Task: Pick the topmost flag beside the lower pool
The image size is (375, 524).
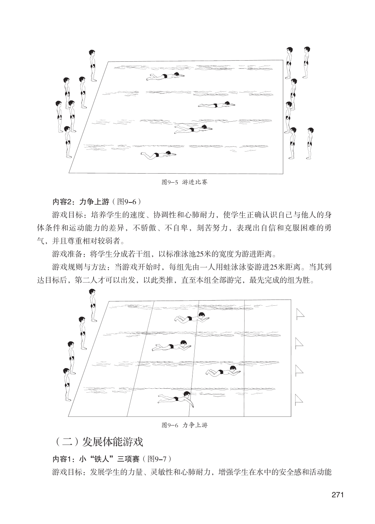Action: [x=299, y=314]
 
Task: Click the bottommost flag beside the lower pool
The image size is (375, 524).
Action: [x=298, y=399]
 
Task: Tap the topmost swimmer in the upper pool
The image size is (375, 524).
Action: [x=165, y=77]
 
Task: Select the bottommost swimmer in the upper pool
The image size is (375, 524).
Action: [x=158, y=155]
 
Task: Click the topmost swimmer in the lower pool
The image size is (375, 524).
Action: [x=191, y=318]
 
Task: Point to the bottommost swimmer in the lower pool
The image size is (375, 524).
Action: [x=176, y=399]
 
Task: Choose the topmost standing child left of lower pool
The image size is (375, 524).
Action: [x=94, y=305]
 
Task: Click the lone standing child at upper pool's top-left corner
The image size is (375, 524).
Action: [x=93, y=66]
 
